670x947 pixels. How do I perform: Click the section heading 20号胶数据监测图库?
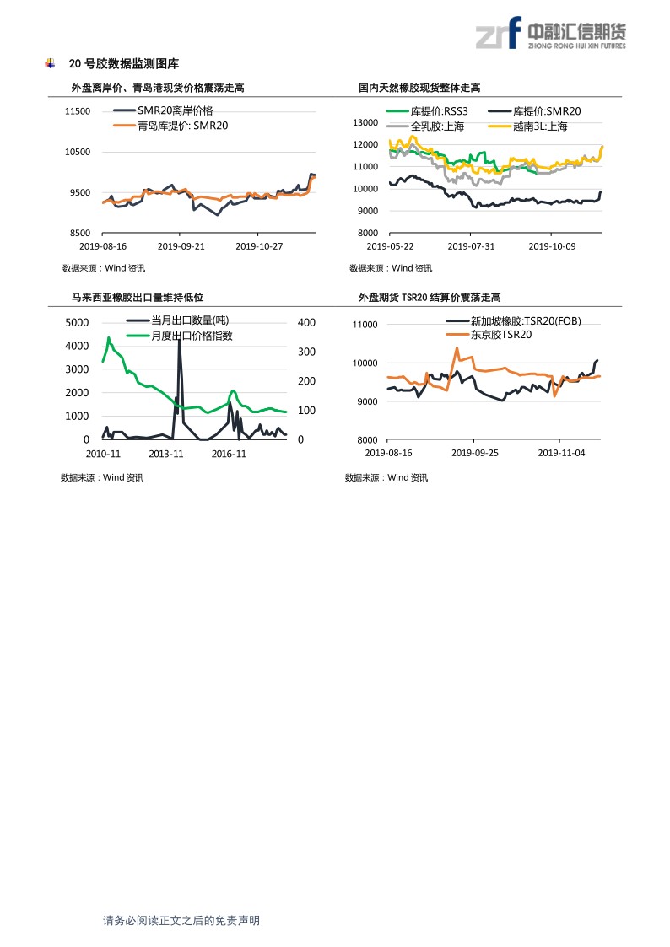click(123, 64)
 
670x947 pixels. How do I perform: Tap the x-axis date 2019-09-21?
click(182, 246)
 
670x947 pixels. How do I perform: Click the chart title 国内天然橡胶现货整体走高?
click(419, 88)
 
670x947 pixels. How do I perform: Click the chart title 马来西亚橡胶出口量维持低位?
click(138, 297)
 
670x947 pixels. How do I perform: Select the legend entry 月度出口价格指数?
click(192, 335)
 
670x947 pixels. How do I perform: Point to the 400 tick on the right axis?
click(306, 323)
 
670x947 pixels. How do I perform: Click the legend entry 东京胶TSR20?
click(501, 335)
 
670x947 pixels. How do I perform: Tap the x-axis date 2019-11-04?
click(560, 453)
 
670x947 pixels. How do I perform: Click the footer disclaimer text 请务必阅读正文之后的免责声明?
click(181, 921)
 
